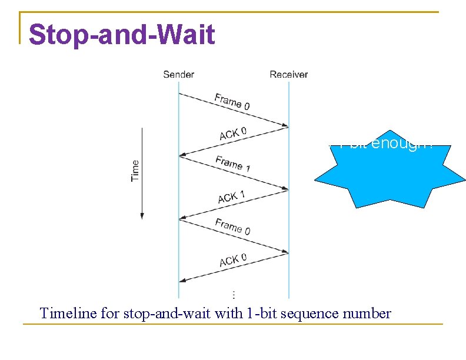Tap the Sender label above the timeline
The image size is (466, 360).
(178, 74)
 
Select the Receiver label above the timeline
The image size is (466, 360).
(288, 74)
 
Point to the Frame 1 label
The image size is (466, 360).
(232, 164)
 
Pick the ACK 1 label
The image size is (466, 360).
(231, 196)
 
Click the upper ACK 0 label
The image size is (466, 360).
(232, 134)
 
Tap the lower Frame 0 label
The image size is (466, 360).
(232, 226)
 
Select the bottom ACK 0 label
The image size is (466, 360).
(232, 259)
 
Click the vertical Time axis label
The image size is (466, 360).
(135, 171)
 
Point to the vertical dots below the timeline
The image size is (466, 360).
(234, 294)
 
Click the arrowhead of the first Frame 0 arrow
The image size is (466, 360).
(286, 125)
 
